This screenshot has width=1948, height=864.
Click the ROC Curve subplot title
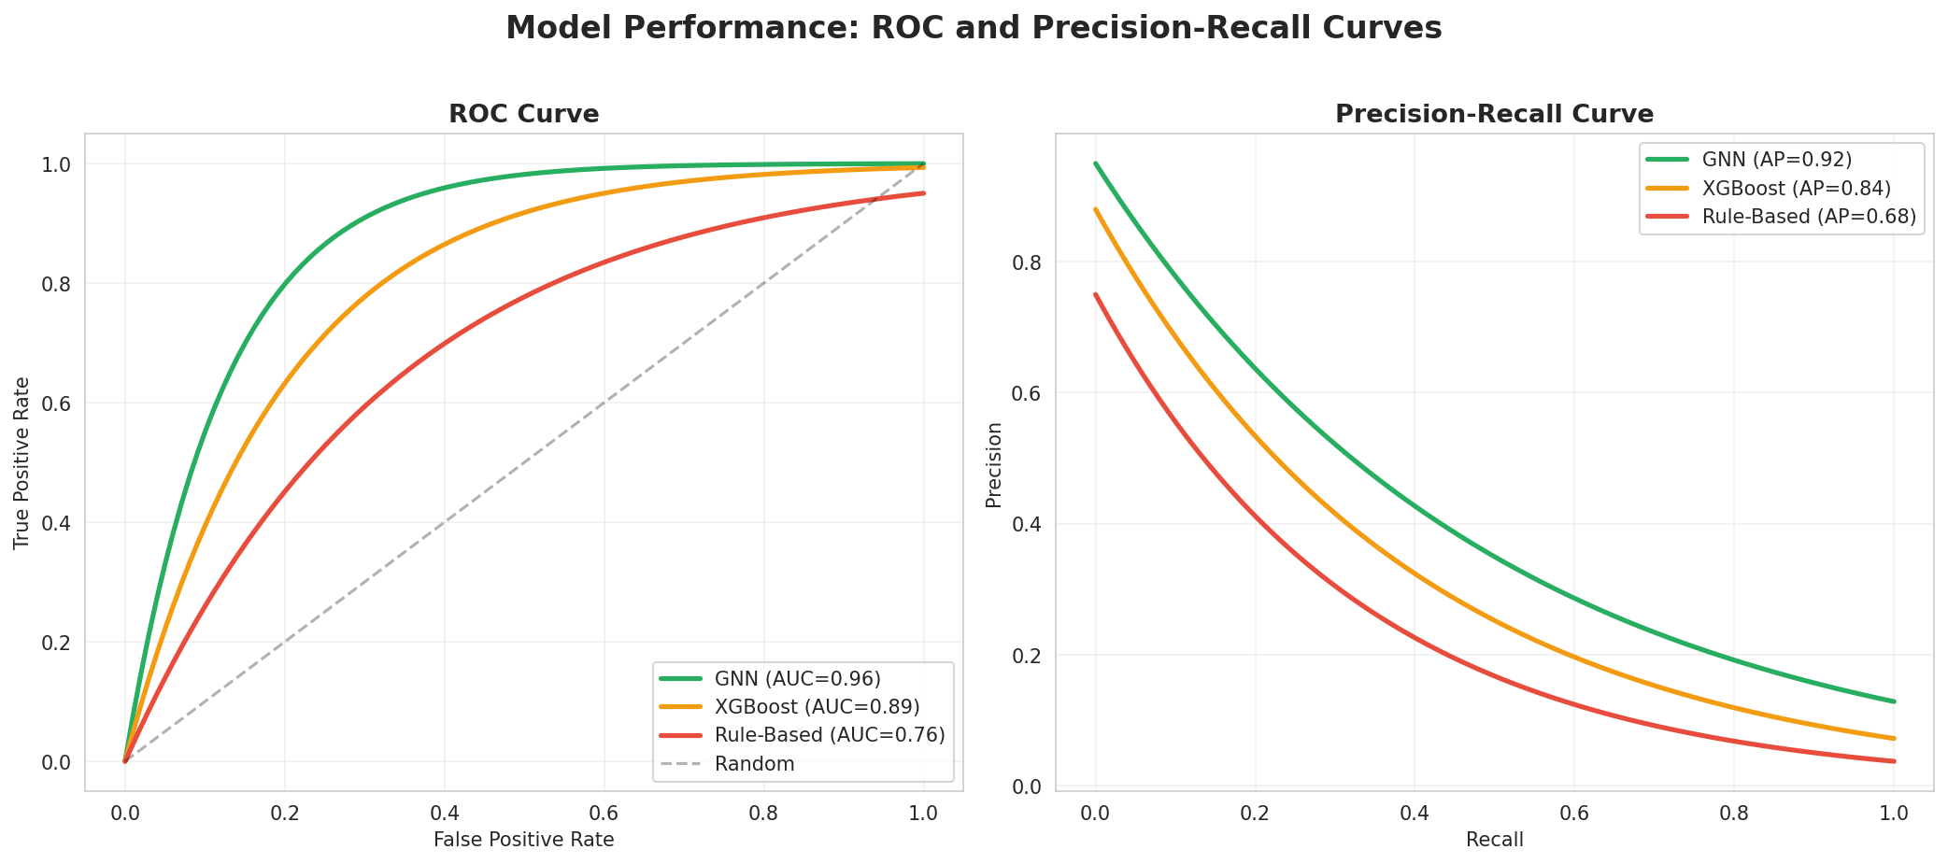coord(523,114)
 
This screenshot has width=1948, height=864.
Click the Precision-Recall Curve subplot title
coord(1494,114)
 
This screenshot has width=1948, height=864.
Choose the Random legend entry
coord(754,764)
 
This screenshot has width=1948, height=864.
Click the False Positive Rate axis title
coord(523,840)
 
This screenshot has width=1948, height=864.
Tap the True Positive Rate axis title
coord(22,462)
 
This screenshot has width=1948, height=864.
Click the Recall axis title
coord(1494,840)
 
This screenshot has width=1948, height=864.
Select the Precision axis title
coord(994,464)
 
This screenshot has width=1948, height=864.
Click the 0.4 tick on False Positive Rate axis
coord(444,813)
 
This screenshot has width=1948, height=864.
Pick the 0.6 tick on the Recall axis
coord(1574,813)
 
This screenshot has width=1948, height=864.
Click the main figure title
coord(974,28)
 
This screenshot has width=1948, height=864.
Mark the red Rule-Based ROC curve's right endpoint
coord(923,193)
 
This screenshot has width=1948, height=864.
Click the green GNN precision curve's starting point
coord(1096,163)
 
